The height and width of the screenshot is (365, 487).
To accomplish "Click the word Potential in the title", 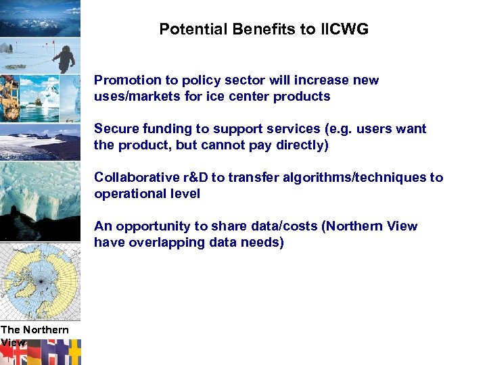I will coord(187,29).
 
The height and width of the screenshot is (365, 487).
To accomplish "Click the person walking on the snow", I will coord(64,57).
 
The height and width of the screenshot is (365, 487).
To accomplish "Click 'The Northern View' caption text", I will coord(34,335).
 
